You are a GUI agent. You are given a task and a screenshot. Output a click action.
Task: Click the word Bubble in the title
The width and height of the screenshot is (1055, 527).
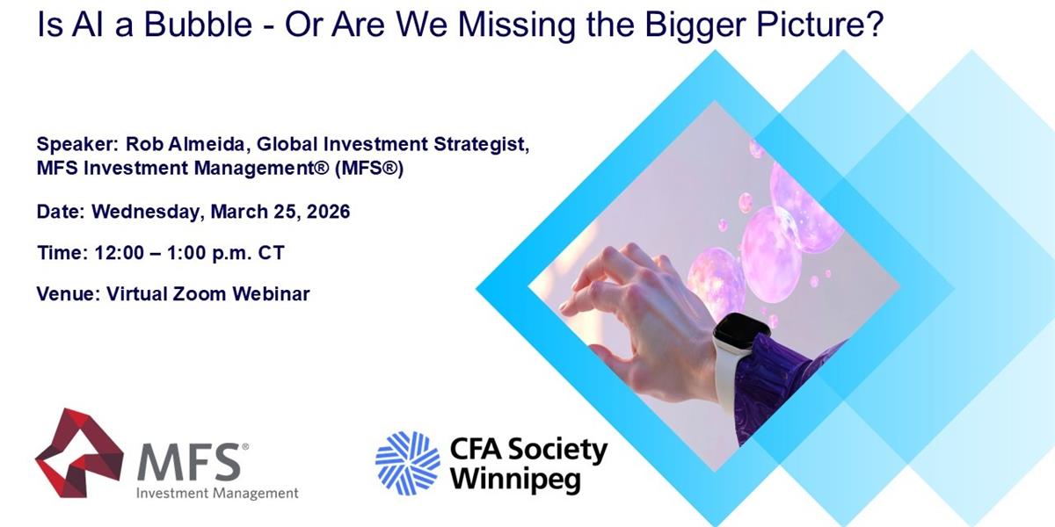coord(198,24)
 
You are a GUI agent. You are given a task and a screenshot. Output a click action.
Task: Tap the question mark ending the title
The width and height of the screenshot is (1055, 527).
coord(875,24)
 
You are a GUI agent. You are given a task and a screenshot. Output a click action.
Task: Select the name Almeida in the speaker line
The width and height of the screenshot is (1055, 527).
coord(207,144)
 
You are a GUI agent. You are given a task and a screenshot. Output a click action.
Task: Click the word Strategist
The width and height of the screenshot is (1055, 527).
coord(482,145)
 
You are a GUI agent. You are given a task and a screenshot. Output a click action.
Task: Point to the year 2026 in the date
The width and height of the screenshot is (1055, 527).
coord(328,212)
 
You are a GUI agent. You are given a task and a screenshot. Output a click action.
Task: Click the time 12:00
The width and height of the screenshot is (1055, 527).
coord(120,253)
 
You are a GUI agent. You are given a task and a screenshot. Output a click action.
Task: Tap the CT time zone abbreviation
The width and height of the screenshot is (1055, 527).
coord(271,253)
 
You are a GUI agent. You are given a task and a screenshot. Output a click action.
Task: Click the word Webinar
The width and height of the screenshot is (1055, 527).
coord(271,294)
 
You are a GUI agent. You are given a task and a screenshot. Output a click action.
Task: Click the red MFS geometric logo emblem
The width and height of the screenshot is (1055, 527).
coord(79,452)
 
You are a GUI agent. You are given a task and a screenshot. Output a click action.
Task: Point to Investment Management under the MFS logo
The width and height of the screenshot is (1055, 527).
coord(217,493)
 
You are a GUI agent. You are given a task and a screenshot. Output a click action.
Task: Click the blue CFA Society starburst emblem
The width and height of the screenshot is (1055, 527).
coord(408,464)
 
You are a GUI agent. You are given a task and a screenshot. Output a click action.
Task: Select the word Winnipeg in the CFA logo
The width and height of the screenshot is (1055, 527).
coord(516,480)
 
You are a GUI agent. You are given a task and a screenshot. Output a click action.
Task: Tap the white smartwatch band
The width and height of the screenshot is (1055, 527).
coord(729,377)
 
